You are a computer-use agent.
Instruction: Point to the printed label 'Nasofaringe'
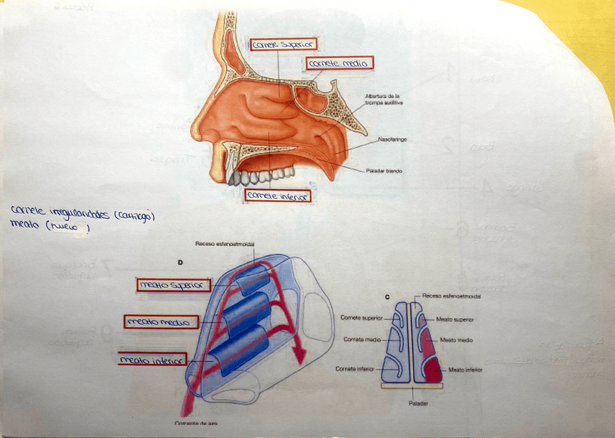[392, 138]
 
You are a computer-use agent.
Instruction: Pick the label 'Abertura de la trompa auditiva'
[384, 99]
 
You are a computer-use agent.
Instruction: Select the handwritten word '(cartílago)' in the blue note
[130, 215]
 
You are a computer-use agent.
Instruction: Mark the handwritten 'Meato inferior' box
[152, 359]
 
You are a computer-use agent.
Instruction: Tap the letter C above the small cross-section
[389, 297]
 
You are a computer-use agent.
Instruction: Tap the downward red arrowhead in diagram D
[297, 353]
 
